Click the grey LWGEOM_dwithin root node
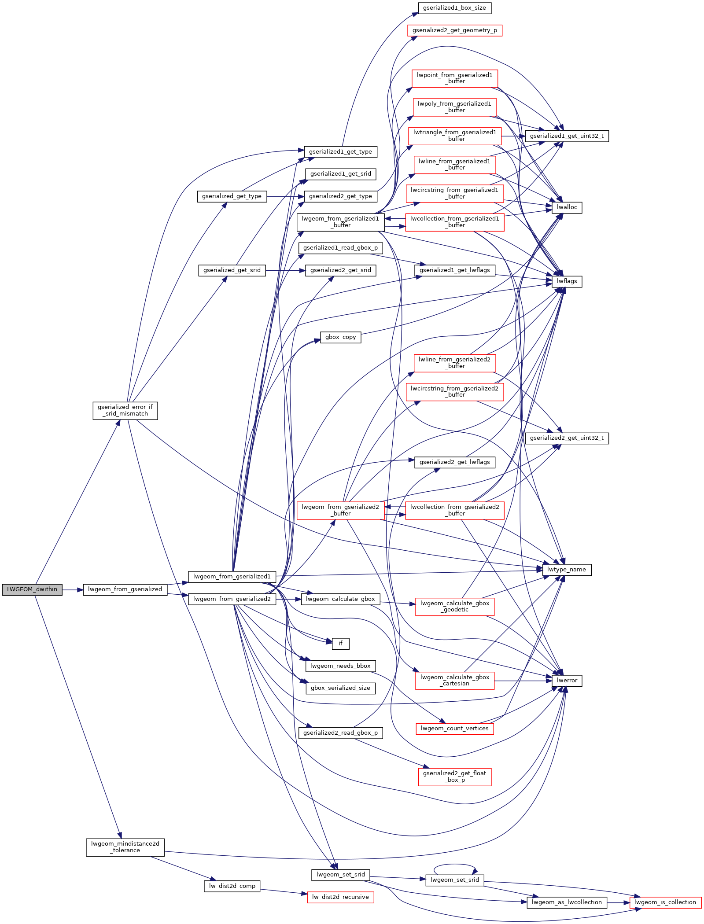[x=32, y=589]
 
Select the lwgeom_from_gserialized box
[x=125, y=589]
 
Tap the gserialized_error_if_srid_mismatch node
[x=125, y=410]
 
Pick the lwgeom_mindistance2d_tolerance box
[x=125, y=847]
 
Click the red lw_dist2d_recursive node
[x=340, y=897]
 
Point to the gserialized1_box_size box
[x=454, y=8]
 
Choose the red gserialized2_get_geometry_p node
[x=454, y=30]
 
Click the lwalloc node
[x=567, y=207]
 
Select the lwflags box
[x=567, y=281]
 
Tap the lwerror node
[x=567, y=681]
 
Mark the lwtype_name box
[x=567, y=570]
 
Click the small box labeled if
[x=340, y=644]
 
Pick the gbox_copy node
[x=340, y=337]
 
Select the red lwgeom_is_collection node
[x=665, y=902]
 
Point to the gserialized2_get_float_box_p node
[x=454, y=777]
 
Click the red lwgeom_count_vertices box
[x=454, y=729]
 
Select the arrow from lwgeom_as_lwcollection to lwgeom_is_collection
[x=619, y=903]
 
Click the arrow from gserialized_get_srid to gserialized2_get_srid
[x=285, y=270]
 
